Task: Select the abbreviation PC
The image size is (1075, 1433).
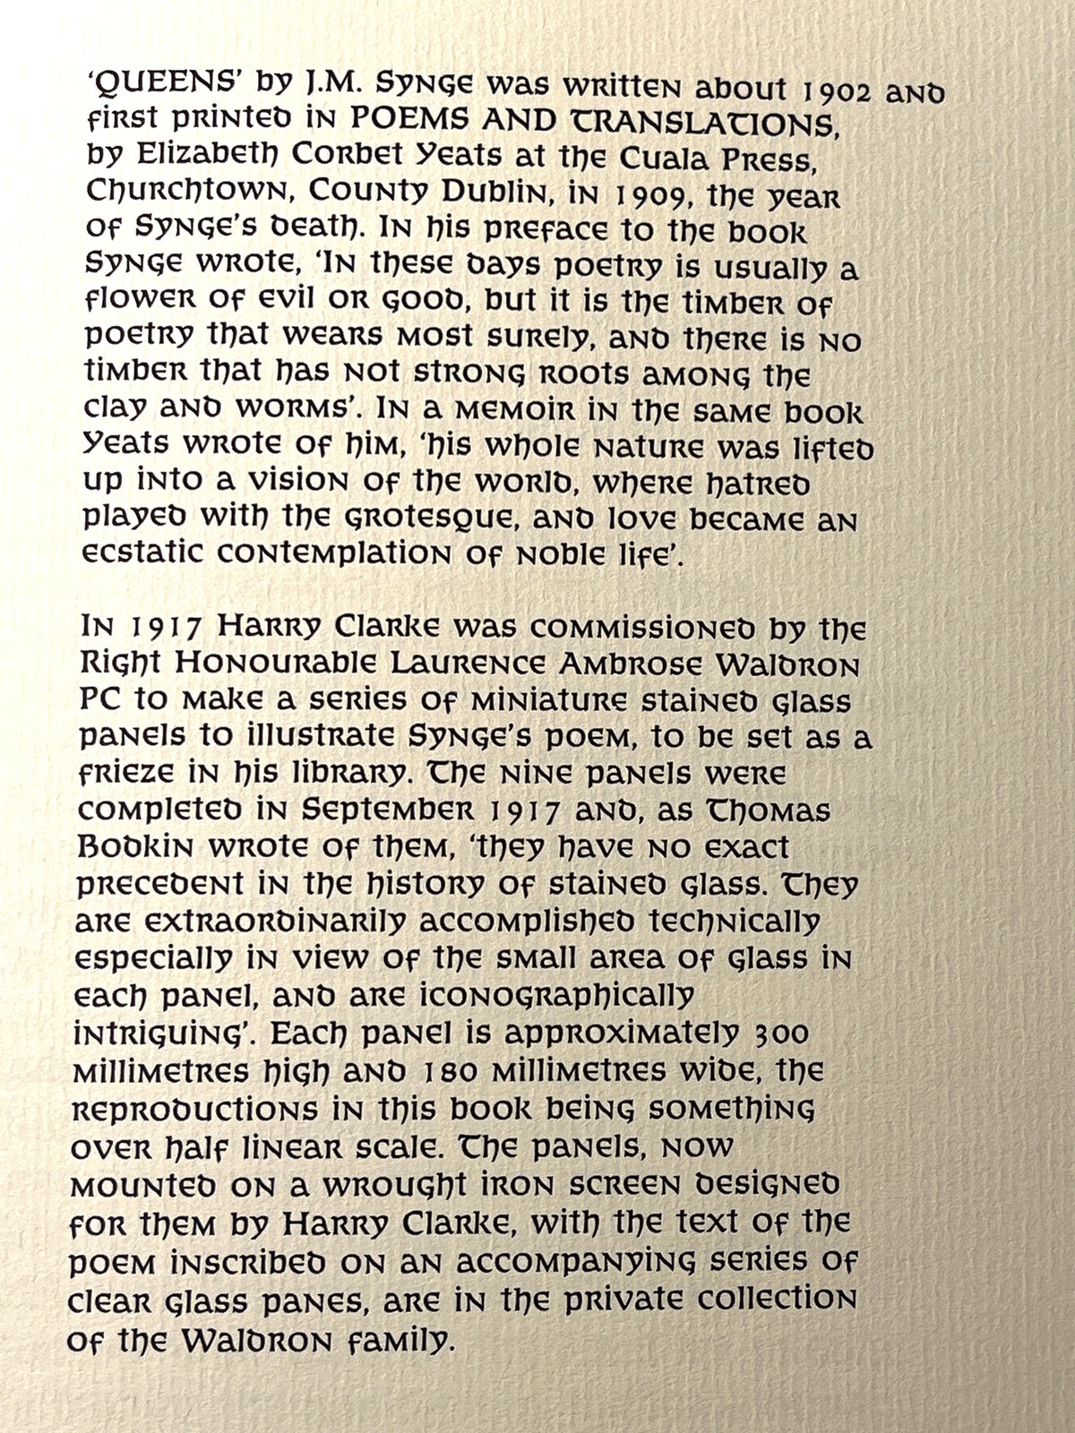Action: coord(100,700)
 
